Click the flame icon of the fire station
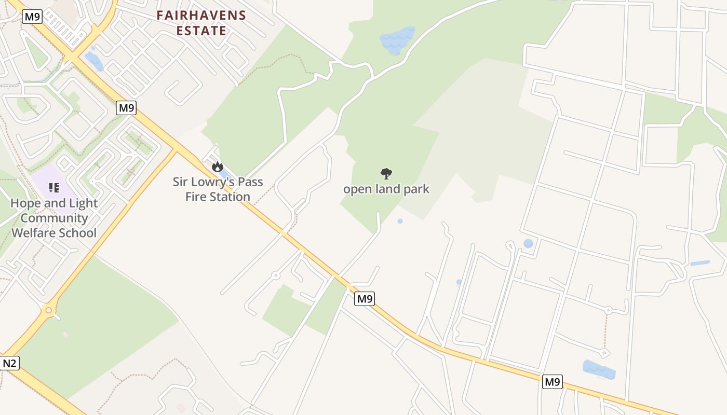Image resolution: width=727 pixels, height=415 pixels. (217, 167)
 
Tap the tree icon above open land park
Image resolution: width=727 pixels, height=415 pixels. (386, 173)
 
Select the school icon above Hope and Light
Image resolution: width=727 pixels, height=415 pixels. (53, 187)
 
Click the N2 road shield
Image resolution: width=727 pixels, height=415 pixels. (9, 363)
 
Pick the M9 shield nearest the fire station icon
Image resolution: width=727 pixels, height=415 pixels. (126, 108)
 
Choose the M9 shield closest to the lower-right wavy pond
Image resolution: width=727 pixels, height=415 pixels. (553, 382)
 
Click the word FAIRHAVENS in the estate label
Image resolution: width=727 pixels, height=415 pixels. (201, 15)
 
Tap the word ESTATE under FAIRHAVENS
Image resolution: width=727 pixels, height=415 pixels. (201, 31)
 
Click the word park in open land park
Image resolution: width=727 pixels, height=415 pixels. (416, 189)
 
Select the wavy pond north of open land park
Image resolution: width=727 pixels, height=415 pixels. (397, 39)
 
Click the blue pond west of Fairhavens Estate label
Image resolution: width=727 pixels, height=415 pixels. (94, 61)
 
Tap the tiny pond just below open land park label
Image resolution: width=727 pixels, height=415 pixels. (400, 221)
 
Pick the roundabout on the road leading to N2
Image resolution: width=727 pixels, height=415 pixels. (49, 310)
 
